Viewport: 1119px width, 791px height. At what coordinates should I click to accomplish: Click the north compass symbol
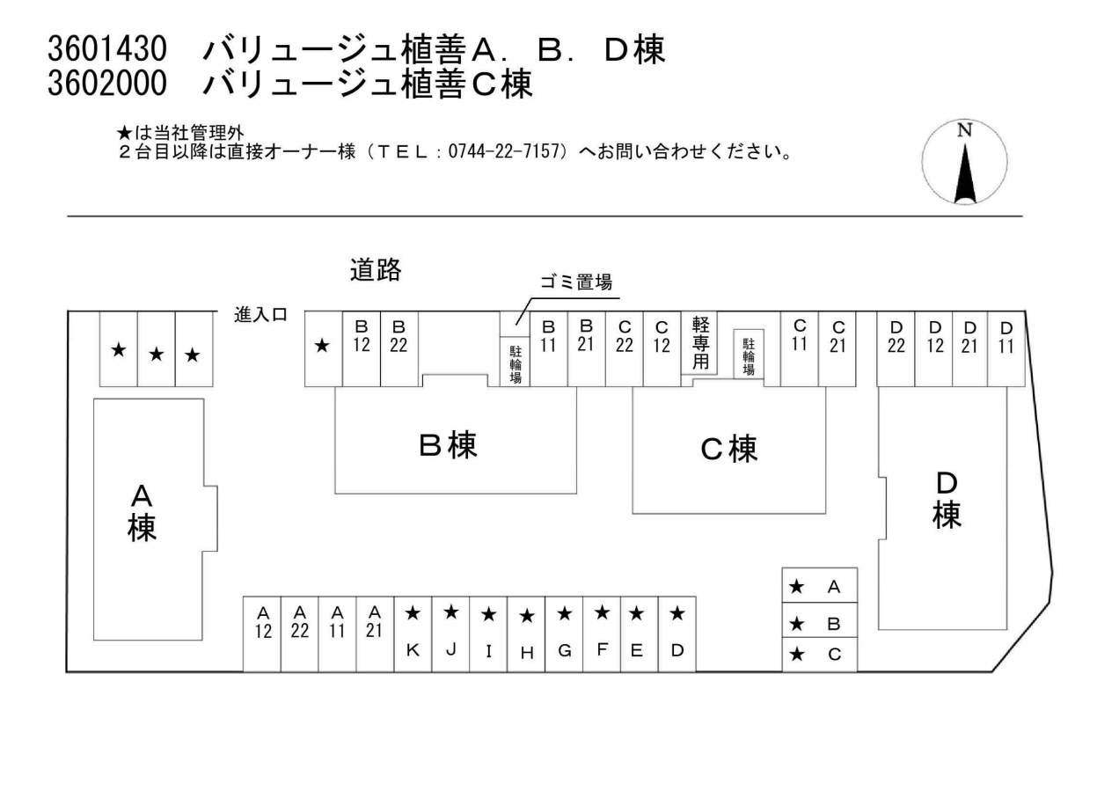point(964,163)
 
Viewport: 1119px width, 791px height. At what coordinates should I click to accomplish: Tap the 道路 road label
point(376,271)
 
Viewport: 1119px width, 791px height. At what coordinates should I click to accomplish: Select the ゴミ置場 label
point(575,283)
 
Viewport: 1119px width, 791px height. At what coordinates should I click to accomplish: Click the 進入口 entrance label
point(260,315)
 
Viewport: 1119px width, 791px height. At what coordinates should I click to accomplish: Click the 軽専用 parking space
point(700,345)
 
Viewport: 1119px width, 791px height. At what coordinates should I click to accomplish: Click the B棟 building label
point(448,445)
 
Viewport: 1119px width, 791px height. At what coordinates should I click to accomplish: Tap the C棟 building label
point(728,449)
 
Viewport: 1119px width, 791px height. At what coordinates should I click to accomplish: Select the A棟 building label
point(142,512)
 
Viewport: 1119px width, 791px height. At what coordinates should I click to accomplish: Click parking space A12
point(262,634)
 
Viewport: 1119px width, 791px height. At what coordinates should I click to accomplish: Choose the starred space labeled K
point(413,634)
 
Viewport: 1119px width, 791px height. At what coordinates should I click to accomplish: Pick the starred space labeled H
point(526,634)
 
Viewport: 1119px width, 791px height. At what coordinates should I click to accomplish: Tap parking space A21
point(375,634)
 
